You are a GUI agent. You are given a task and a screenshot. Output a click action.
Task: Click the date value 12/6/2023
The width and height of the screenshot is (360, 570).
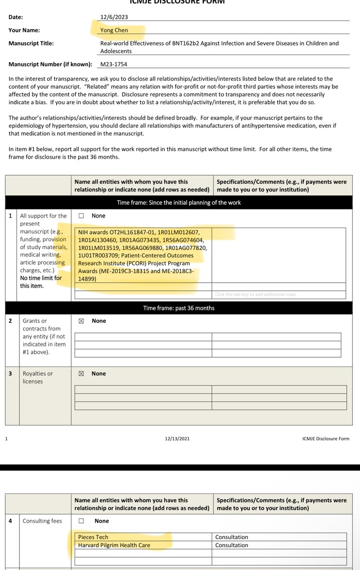[114, 17]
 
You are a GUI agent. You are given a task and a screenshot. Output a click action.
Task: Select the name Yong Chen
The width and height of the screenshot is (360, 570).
[114, 30]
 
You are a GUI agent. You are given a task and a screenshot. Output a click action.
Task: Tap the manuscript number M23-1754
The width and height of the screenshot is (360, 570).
[114, 64]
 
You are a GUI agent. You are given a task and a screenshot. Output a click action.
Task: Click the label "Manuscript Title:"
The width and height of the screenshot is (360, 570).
[31, 43]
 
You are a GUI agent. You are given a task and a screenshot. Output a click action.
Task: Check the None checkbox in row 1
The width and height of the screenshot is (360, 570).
[81, 216]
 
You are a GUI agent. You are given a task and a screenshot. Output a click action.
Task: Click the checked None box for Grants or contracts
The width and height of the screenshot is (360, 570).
[81, 321]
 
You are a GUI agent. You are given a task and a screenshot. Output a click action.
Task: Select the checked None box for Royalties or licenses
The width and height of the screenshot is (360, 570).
[81, 374]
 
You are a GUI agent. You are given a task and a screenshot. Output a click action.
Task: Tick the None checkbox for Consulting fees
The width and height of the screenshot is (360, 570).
[81, 521]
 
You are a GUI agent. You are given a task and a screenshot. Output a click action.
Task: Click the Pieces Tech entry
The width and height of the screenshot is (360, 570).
[93, 537]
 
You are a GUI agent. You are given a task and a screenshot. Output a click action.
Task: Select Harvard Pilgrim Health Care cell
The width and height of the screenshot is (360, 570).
[114, 545]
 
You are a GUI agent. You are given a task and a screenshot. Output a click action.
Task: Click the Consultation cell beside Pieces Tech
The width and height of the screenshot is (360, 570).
[232, 537]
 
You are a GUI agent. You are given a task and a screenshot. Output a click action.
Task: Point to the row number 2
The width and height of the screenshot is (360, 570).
[10, 321]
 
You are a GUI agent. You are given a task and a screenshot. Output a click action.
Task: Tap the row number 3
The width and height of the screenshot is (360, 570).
[10, 374]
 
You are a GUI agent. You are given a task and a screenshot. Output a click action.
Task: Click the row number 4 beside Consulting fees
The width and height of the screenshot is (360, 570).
[10, 521]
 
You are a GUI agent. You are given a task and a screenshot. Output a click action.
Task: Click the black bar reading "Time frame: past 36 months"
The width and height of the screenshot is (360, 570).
[179, 308]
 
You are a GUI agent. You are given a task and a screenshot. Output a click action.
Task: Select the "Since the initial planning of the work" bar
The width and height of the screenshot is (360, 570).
[179, 203]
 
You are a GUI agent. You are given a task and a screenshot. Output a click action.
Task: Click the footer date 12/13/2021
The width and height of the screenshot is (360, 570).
[177, 438]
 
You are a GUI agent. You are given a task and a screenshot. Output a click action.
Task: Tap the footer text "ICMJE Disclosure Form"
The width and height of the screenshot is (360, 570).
[326, 438]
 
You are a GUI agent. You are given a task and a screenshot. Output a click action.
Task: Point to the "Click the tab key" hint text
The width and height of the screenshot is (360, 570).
[256, 294]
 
